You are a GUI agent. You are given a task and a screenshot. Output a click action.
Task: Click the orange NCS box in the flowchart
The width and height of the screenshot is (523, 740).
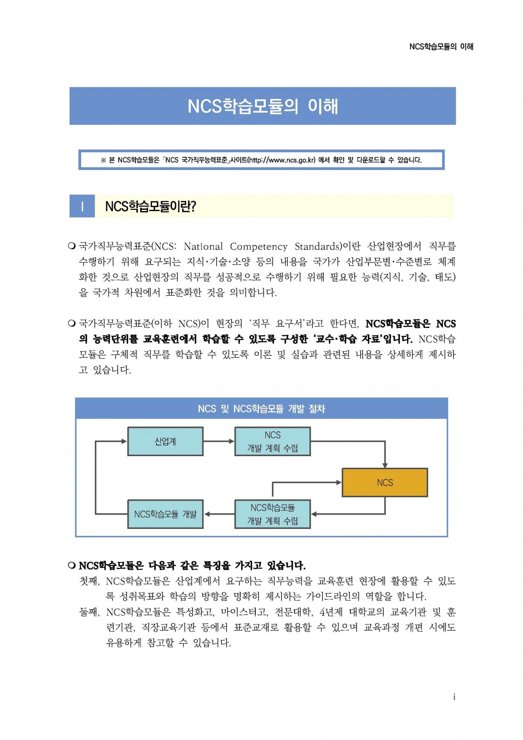pyautogui.click(x=385, y=482)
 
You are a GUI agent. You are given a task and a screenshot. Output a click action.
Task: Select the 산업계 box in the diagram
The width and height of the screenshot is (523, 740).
pyautogui.click(x=166, y=441)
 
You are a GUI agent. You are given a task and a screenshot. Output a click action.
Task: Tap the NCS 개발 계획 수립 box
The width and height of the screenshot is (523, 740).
pyautogui.click(x=272, y=441)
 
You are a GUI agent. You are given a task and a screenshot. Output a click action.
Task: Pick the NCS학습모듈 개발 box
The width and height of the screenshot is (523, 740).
pyautogui.click(x=166, y=514)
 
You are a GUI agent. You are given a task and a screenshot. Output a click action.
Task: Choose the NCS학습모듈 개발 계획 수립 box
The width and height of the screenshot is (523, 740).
pyautogui.click(x=272, y=514)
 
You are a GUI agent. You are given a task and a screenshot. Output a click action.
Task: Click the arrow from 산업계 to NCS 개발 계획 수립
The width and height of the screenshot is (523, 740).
pyautogui.click(x=219, y=441)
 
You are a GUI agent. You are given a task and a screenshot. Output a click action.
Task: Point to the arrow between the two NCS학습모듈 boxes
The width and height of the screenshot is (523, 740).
pyautogui.click(x=219, y=514)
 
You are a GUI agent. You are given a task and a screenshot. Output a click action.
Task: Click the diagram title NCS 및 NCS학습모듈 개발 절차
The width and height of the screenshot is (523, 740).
pyautogui.click(x=261, y=409)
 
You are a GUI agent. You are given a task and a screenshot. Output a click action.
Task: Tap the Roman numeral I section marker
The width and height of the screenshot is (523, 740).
pyautogui.click(x=82, y=206)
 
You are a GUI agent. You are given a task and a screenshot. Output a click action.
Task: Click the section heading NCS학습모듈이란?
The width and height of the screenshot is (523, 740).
pyautogui.click(x=150, y=206)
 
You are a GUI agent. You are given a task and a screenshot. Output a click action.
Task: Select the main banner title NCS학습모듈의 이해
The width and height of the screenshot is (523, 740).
pyautogui.click(x=263, y=106)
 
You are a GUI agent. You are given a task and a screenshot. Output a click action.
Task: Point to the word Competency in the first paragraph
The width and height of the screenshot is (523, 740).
pyautogui.click(x=258, y=246)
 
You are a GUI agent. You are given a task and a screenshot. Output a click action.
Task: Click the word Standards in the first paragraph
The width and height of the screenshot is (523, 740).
pyautogui.click(x=318, y=246)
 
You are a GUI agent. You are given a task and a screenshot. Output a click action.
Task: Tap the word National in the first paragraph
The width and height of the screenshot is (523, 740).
pyautogui.click(x=203, y=246)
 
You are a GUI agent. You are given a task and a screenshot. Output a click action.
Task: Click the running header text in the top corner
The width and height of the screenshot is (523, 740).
pyautogui.click(x=441, y=47)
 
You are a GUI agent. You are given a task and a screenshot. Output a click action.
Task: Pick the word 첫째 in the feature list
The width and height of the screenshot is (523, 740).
pyautogui.click(x=89, y=581)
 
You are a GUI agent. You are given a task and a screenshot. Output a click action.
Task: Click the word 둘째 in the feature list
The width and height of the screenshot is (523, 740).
pyautogui.click(x=89, y=612)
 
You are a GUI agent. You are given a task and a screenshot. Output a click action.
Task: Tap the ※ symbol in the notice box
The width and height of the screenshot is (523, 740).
pyautogui.click(x=103, y=160)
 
